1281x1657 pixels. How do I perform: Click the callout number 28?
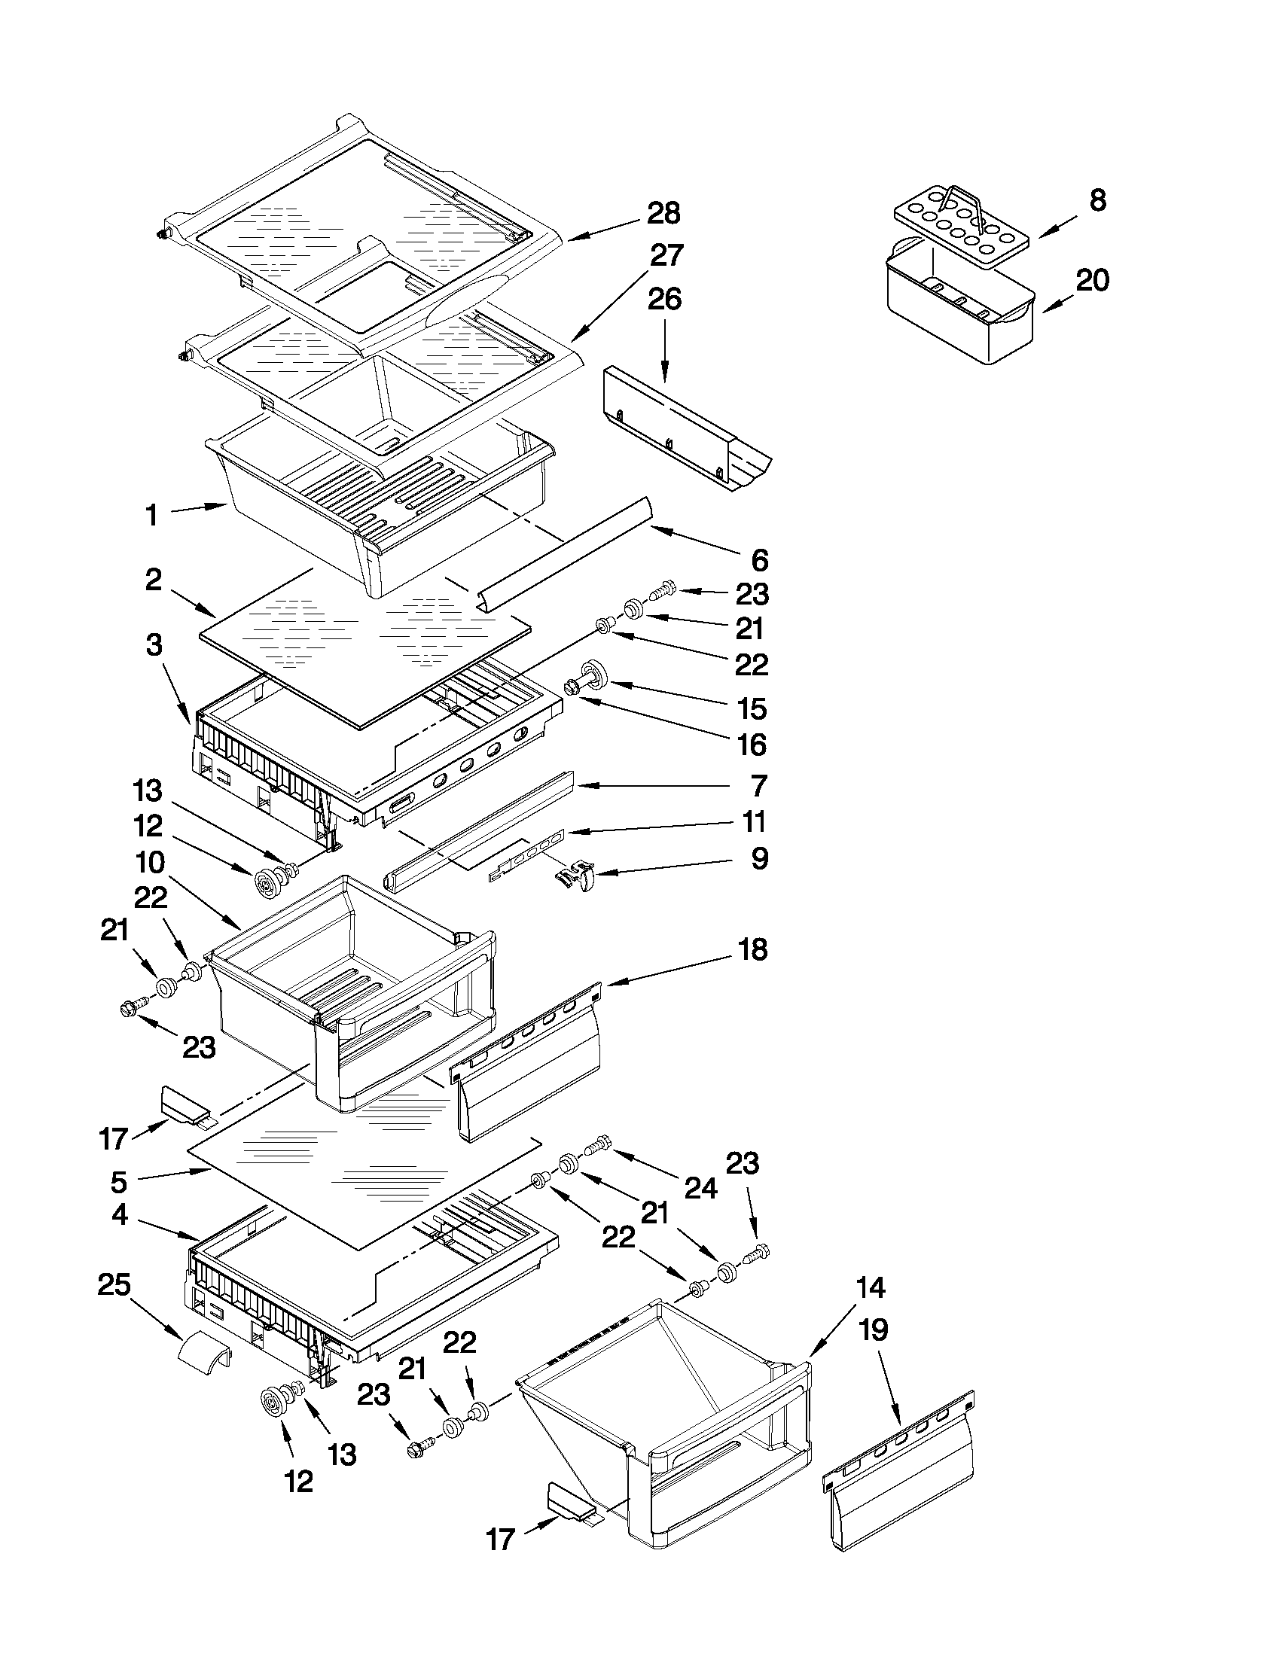(x=663, y=214)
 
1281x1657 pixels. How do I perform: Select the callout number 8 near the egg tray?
(x=1097, y=200)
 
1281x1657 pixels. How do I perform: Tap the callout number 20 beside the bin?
(x=1092, y=281)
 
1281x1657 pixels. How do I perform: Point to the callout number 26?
(x=664, y=300)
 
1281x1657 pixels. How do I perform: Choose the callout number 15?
(x=752, y=708)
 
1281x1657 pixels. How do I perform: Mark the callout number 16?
(x=752, y=745)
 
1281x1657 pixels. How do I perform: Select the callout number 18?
(x=752, y=949)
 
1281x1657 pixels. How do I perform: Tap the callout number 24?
(x=700, y=1188)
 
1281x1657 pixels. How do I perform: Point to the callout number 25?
(x=114, y=1285)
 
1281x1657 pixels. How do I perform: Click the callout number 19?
(x=874, y=1330)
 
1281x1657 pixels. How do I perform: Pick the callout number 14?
(x=871, y=1287)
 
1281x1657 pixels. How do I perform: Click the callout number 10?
(x=150, y=863)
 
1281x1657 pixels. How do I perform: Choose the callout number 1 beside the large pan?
(x=152, y=516)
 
